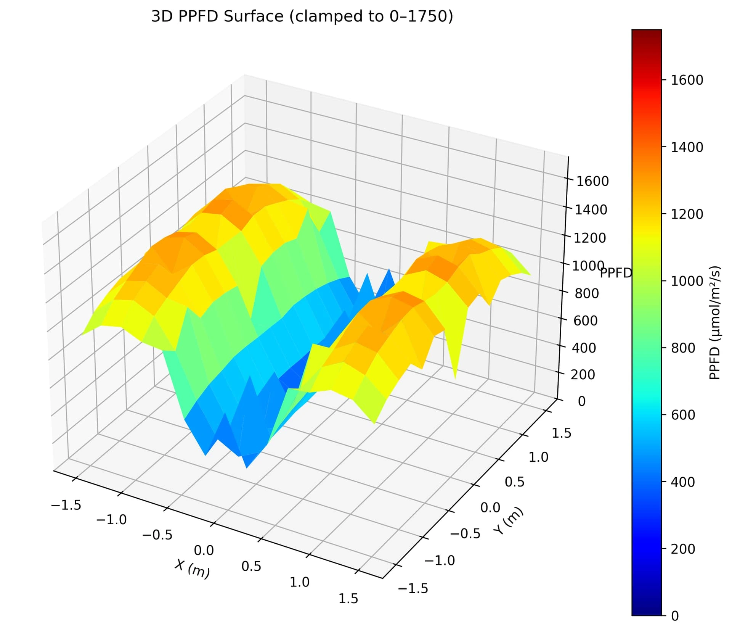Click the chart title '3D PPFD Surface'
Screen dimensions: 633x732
click(302, 17)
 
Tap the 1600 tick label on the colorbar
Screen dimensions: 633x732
click(687, 80)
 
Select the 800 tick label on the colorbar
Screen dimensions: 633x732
click(683, 348)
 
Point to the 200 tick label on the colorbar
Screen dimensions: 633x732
click(683, 549)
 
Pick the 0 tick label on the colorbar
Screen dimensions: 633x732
click(675, 616)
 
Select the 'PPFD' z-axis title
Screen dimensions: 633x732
click(616, 273)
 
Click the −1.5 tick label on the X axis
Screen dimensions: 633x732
click(66, 505)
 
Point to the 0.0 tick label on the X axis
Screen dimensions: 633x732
click(204, 550)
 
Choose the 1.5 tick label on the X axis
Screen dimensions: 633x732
click(348, 599)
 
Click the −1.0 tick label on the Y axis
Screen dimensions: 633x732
click(440, 560)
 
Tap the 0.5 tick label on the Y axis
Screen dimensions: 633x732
click(514, 482)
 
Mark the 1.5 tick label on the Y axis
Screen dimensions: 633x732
click(561, 433)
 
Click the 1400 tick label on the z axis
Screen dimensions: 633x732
click(591, 209)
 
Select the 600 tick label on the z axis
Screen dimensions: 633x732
click(585, 321)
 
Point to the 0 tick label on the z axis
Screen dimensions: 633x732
click(581, 401)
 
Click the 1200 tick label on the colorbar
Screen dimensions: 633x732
click(687, 214)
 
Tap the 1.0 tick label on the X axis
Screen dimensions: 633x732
click(299, 582)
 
